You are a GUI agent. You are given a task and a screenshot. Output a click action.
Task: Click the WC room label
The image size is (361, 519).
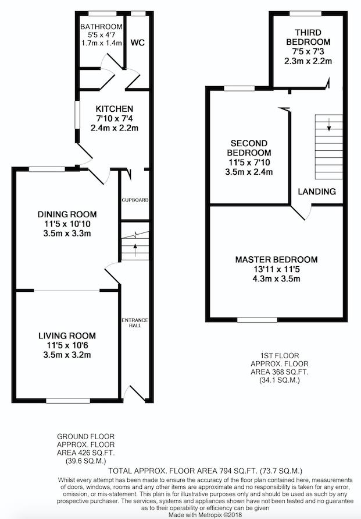tap(138, 43)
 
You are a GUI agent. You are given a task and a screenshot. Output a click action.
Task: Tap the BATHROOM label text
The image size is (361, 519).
tap(101, 26)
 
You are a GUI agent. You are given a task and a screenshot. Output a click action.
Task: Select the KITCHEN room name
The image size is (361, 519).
tap(115, 109)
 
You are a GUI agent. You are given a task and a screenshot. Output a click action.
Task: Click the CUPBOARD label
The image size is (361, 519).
tap(135, 200)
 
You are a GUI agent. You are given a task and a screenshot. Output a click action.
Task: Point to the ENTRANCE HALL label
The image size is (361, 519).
tap(135, 323)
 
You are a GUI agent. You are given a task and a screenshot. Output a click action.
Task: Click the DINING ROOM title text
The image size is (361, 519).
tap(67, 214)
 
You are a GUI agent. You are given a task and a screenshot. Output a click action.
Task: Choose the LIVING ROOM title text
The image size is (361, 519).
tap(67, 336)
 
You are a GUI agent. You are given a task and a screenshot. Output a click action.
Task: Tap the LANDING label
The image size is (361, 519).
tap(317, 191)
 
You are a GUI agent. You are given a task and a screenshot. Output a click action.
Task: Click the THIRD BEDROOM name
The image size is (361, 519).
tap(308, 37)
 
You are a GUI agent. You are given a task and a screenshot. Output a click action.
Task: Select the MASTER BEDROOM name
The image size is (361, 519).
tap(277, 260)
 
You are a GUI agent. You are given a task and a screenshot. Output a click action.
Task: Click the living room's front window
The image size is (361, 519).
tap(68, 401)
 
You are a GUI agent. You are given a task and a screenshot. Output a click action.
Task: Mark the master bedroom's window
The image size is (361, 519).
tap(258, 320)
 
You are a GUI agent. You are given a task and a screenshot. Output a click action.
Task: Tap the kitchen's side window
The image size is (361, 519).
tap(77, 115)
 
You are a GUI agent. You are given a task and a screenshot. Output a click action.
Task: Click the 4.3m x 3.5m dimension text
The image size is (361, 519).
tap(277, 278)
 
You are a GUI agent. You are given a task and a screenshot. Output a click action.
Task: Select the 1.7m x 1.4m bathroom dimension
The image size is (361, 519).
tap(102, 43)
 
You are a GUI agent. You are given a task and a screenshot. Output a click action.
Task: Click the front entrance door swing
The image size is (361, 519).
tap(134, 393)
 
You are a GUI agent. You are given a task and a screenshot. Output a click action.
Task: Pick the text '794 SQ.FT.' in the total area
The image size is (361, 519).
tap(239, 471)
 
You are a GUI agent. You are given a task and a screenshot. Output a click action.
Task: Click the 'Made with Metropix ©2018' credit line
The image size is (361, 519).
tap(205, 515)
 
